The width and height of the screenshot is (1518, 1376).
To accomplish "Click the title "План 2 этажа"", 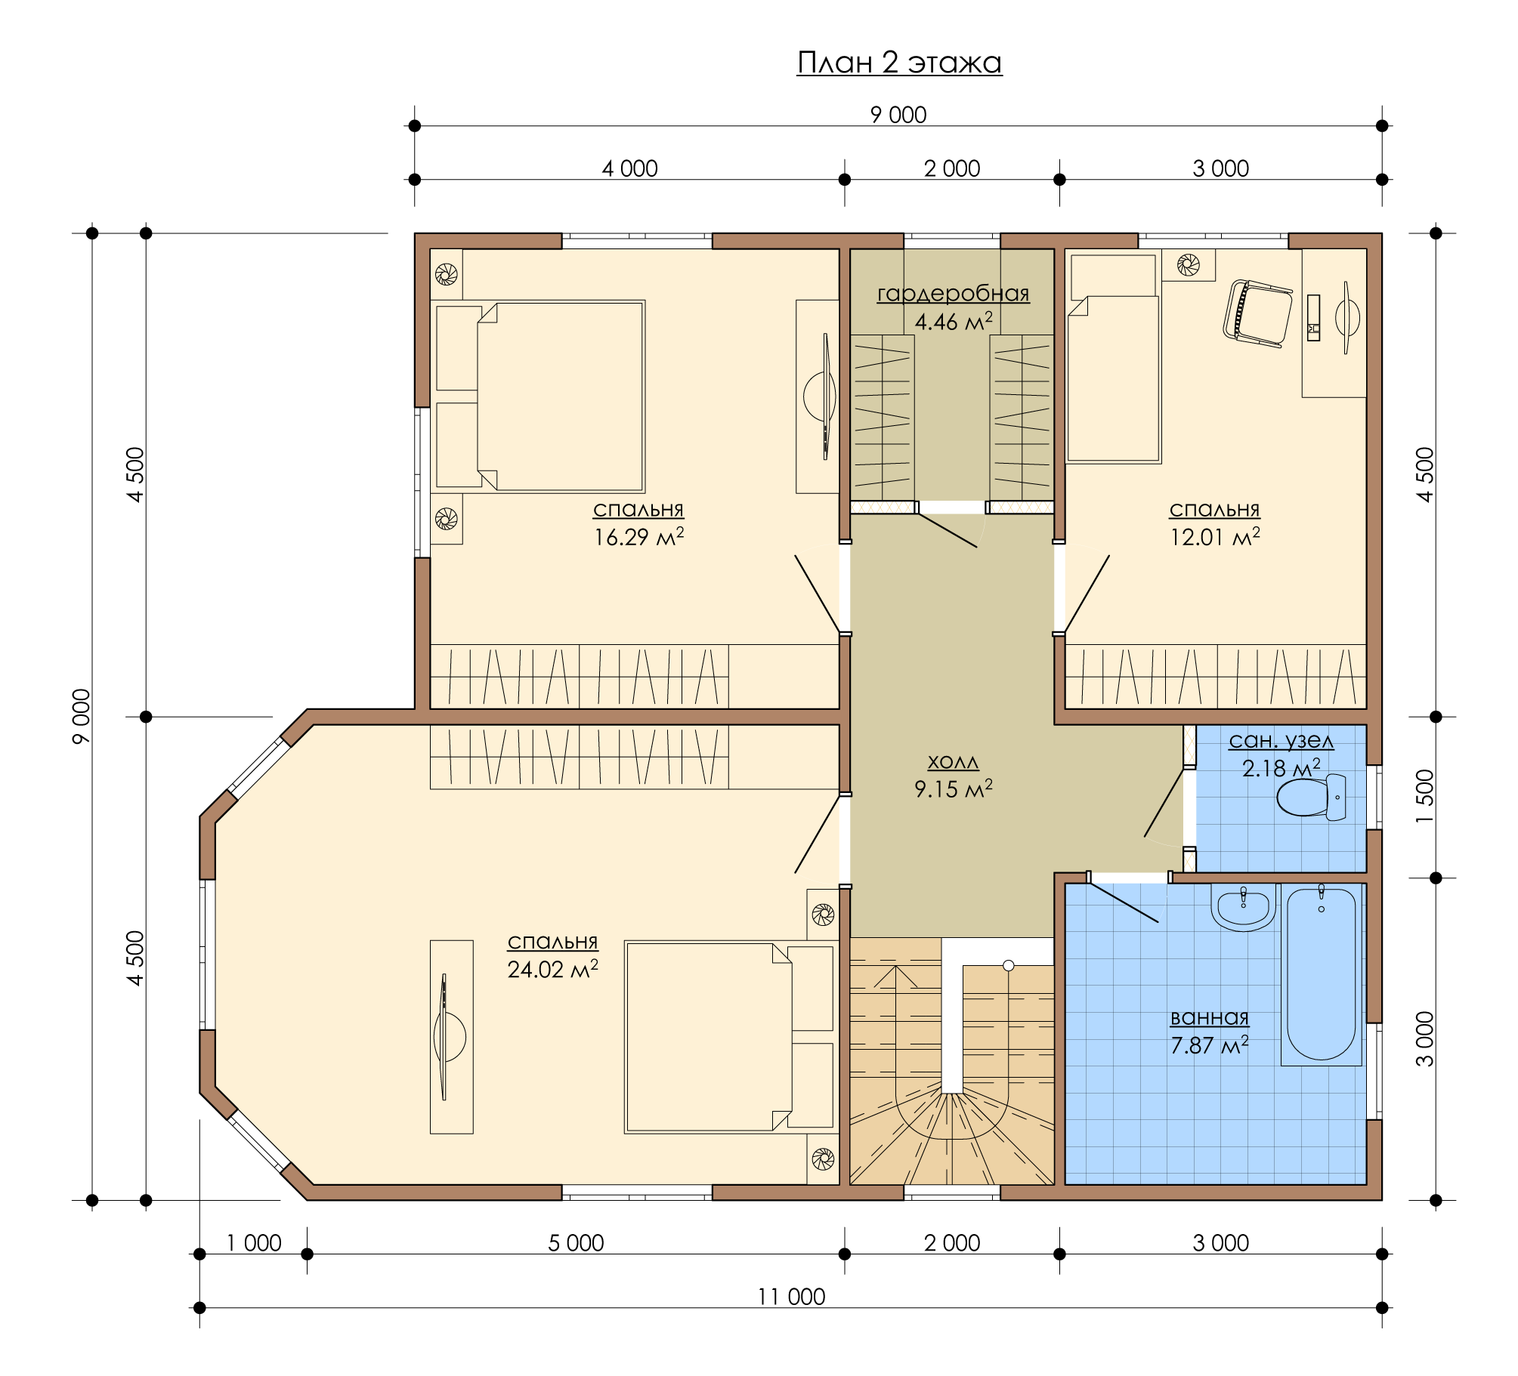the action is tap(899, 63).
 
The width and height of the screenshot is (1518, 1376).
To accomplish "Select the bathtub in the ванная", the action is tap(1322, 974).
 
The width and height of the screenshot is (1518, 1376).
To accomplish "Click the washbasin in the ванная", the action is tap(1243, 908).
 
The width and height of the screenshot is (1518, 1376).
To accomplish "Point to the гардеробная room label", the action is tap(953, 294).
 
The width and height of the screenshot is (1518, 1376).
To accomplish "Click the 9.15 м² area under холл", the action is tap(954, 788).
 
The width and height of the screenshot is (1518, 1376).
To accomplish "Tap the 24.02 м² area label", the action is tap(552, 969).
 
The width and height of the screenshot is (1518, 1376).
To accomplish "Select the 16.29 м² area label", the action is tap(638, 537).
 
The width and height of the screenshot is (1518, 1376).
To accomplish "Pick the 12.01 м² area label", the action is tap(1215, 537).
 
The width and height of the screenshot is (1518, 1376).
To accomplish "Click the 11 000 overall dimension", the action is tap(791, 1297).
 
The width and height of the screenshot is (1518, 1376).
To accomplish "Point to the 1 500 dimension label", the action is tap(1424, 798).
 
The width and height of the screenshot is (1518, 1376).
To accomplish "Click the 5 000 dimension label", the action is tap(576, 1243).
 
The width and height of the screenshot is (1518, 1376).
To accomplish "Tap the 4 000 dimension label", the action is tap(629, 168).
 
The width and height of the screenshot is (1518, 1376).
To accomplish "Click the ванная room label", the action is tap(1210, 1017).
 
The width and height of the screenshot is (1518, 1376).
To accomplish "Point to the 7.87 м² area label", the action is tap(1210, 1045).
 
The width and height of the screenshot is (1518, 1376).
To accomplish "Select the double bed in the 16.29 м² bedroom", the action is tap(538, 396).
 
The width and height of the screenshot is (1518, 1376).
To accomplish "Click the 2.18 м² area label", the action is tap(1281, 768).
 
